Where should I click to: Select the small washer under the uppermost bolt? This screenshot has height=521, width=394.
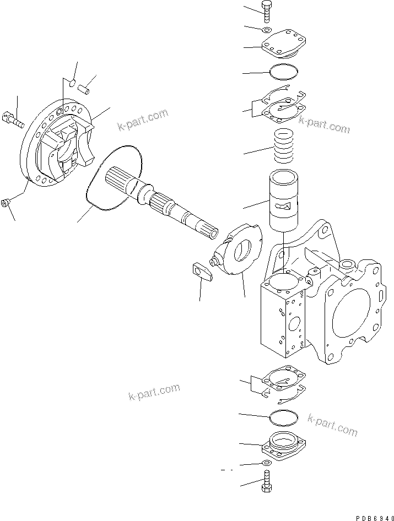point(266,30)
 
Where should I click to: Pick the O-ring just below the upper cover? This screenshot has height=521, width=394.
point(284,72)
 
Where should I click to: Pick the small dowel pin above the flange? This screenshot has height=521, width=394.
point(86,86)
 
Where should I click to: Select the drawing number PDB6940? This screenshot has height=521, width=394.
point(371,514)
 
